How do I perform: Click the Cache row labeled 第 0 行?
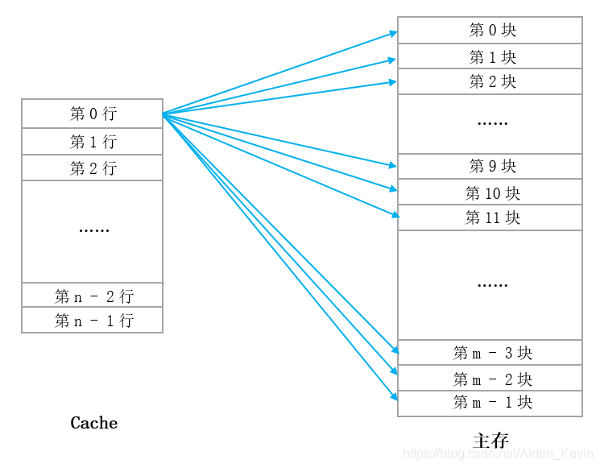click(x=93, y=114)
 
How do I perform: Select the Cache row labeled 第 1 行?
click(x=93, y=142)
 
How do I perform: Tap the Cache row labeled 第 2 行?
click(x=93, y=168)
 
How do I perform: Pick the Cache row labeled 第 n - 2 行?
click(x=93, y=296)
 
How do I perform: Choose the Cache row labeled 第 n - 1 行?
click(x=93, y=321)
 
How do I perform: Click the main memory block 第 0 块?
click(x=490, y=31)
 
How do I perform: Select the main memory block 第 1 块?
click(x=490, y=57)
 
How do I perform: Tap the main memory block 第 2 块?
click(x=490, y=82)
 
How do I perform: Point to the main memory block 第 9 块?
click(x=490, y=167)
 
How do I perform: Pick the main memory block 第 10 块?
click(x=490, y=193)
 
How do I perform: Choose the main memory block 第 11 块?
click(x=490, y=218)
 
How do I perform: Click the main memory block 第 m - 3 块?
click(x=490, y=353)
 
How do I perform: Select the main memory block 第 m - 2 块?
click(x=490, y=379)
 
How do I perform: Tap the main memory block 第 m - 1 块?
click(x=490, y=403)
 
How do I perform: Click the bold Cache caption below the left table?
click(x=94, y=423)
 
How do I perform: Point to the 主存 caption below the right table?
click(x=490, y=441)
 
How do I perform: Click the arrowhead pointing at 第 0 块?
click(x=394, y=33)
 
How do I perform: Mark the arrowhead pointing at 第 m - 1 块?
click(x=394, y=397)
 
